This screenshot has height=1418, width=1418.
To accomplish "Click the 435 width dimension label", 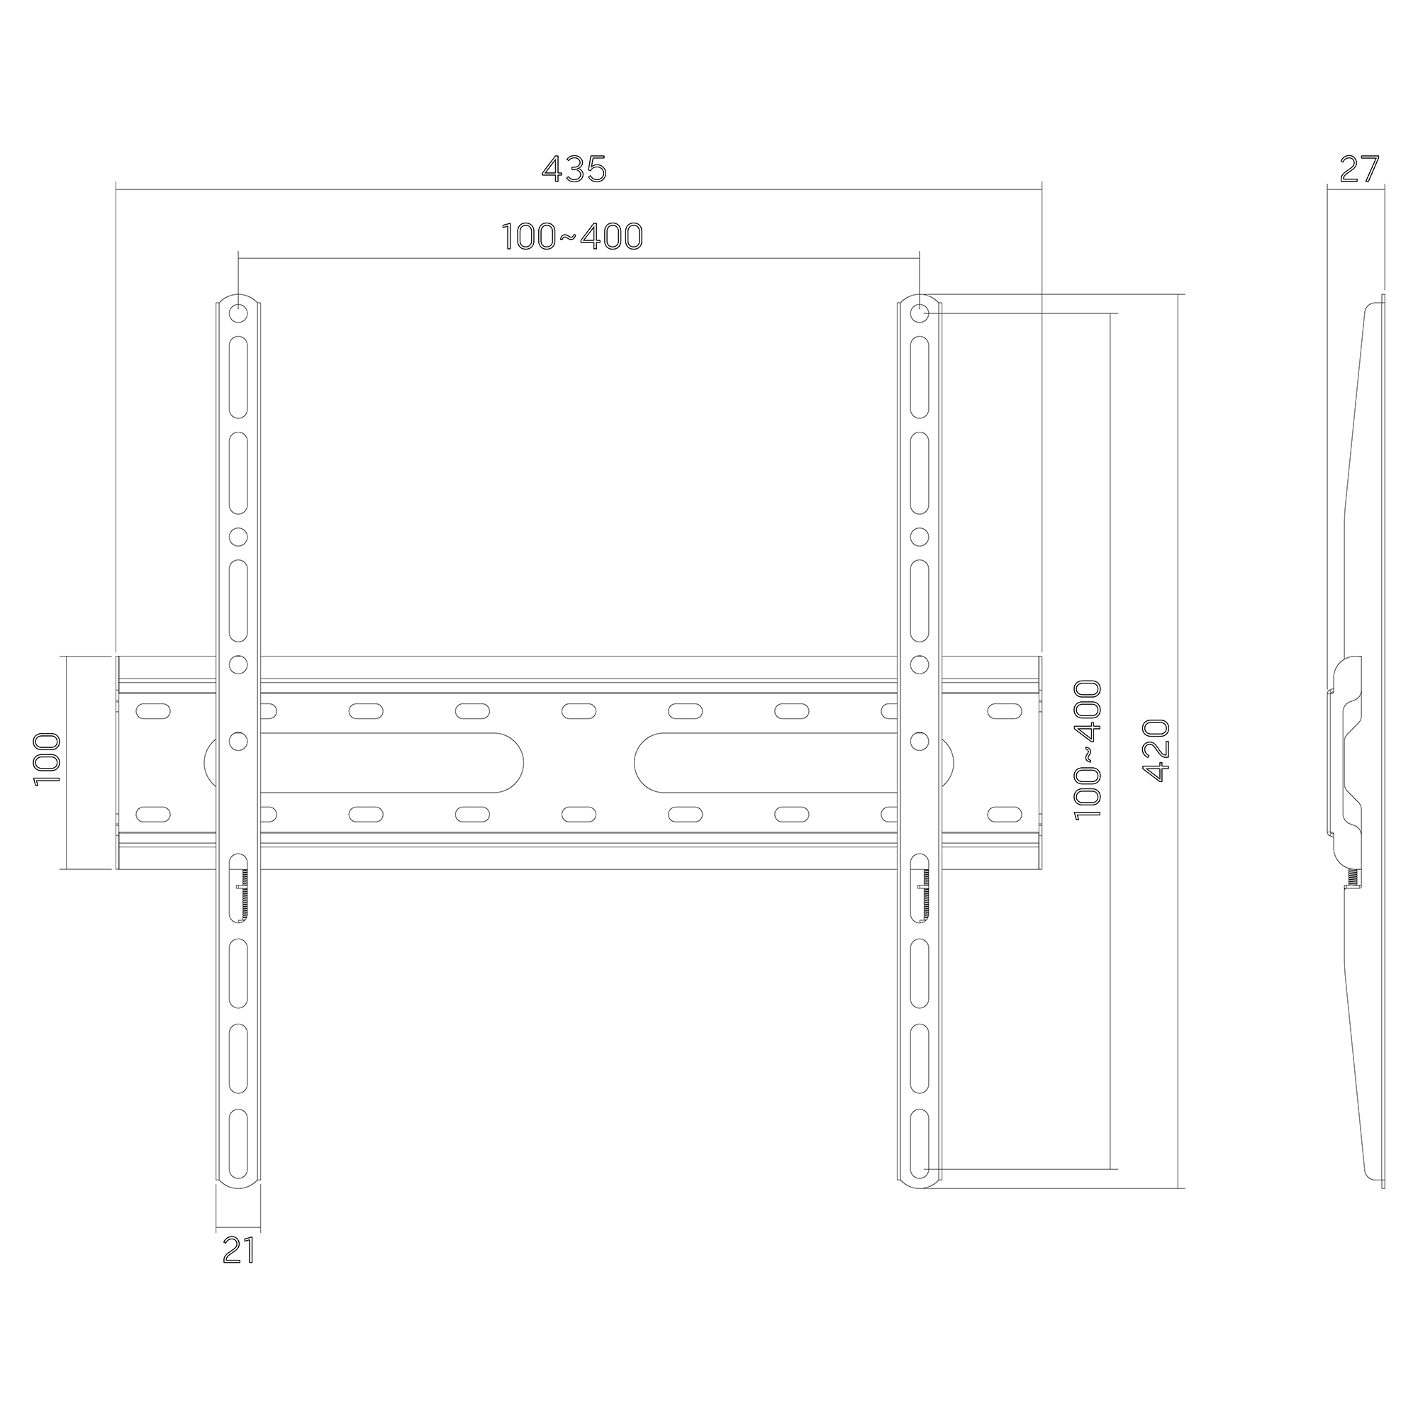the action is (574, 169).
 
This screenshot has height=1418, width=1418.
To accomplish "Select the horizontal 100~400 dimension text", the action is (572, 236).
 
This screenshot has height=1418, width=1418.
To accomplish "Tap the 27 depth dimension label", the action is (1359, 169).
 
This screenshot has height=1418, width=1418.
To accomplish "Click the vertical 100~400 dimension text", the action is (1088, 749).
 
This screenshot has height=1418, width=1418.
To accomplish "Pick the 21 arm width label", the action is (238, 1250).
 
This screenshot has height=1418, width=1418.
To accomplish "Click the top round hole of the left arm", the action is (238, 314).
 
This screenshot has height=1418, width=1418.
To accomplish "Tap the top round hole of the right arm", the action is (919, 314).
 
